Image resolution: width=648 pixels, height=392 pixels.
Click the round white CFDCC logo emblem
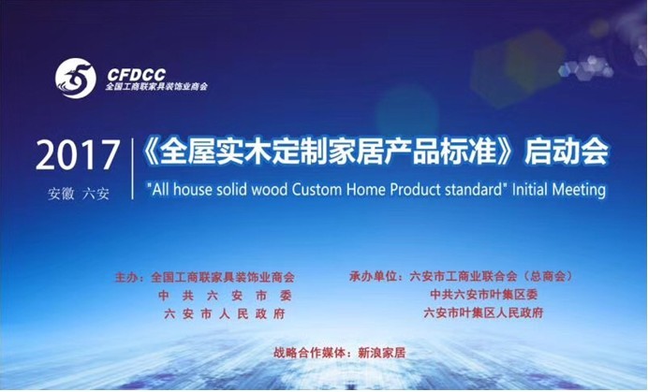pos(76,78)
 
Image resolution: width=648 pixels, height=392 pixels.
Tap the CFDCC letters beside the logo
pos(137,75)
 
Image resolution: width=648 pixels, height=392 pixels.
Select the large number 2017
pos(78,155)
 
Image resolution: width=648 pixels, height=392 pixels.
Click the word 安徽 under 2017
pos(61,194)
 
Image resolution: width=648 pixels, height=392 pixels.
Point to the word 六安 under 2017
pos(96,194)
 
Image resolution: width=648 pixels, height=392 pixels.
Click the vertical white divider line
pos(133,169)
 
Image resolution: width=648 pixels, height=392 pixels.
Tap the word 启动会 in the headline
pos(567,152)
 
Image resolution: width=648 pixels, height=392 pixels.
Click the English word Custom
pos(317,190)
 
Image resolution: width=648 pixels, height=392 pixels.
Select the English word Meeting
pos(579,191)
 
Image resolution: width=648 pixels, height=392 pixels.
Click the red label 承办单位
pos(373,276)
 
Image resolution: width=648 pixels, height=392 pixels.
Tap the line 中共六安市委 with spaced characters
pos(225,296)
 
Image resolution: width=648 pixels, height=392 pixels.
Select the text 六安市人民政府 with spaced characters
pos(225,314)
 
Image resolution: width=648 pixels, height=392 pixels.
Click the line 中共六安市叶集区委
pos(484,295)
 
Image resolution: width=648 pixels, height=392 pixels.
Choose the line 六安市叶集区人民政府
pos(483,312)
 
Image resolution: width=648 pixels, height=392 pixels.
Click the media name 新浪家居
pos(382,353)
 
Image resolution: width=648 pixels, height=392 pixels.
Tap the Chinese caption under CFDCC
pos(156,87)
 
